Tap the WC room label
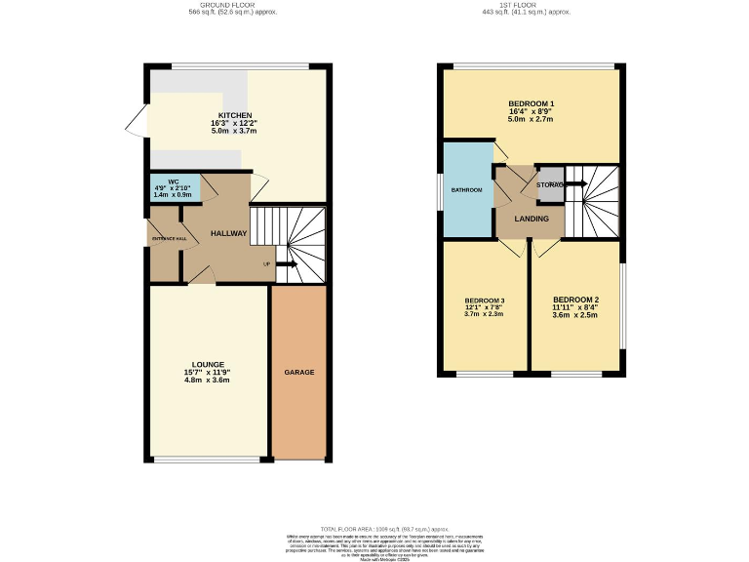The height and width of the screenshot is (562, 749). tap(174, 181)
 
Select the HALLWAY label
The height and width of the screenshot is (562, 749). tap(229, 233)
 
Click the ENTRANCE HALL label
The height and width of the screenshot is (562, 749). tap(167, 238)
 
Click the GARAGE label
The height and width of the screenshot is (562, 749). tap(298, 373)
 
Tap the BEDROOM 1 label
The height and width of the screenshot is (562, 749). tap(532, 103)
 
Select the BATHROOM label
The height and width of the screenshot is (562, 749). tap(466, 189)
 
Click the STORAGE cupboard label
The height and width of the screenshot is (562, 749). tap(550, 184)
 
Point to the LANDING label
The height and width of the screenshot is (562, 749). tap(531, 219)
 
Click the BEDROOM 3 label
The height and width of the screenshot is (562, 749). tap(484, 300)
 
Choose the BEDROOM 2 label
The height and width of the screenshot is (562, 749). tap(575, 299)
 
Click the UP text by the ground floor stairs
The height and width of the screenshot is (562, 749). tap(266, 263)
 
